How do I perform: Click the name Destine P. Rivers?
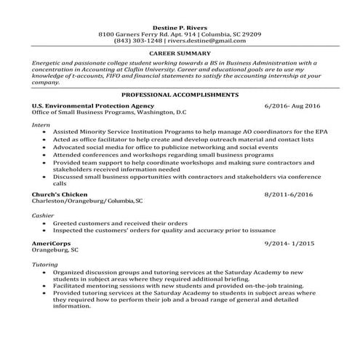[x=180, y=27]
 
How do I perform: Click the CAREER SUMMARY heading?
[x=180, y=54]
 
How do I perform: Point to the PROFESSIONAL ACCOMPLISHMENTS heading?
[x=180, y=95]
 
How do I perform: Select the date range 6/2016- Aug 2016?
[x=292, y=105]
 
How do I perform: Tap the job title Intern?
[x=41, y=124]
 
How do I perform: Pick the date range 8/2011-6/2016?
[x=292, y=195]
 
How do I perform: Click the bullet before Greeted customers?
[x=47, y=223]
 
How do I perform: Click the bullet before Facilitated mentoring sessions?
[x=47, y=287]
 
